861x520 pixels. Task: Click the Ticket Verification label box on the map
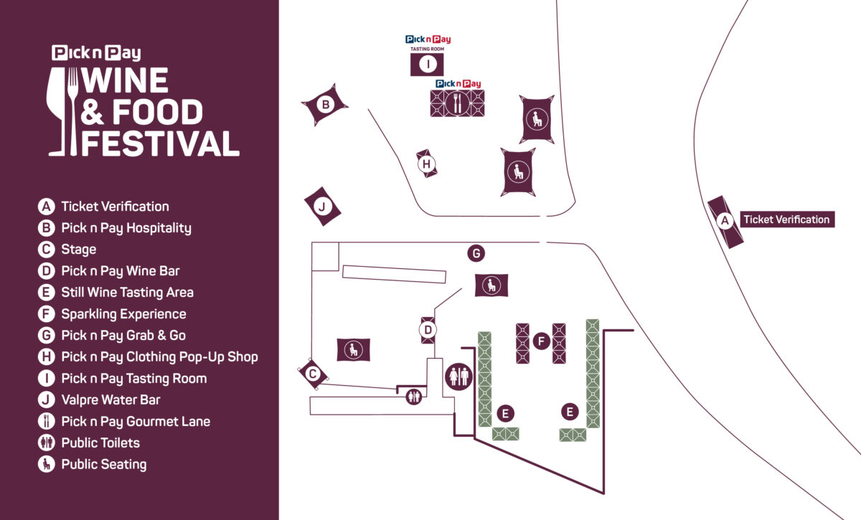coord(786,219)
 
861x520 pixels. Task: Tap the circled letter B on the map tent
coord(326,105)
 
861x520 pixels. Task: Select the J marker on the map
coord(322,207)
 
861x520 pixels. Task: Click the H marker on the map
coord(426,164)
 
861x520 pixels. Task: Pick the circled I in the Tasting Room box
coord(428,65)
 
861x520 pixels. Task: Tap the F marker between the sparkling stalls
coord(541,341)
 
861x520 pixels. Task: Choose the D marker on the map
coord(428,330)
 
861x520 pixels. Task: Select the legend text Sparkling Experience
coord(123,314)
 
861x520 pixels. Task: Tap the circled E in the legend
coord(47,293)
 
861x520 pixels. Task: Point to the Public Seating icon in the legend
coord(47,465)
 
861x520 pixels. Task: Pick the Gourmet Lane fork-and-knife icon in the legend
coord(47,422)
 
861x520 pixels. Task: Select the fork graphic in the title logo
coord(73,108)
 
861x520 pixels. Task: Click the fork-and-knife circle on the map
coord(457,103)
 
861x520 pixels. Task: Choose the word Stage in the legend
coord(79,250)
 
